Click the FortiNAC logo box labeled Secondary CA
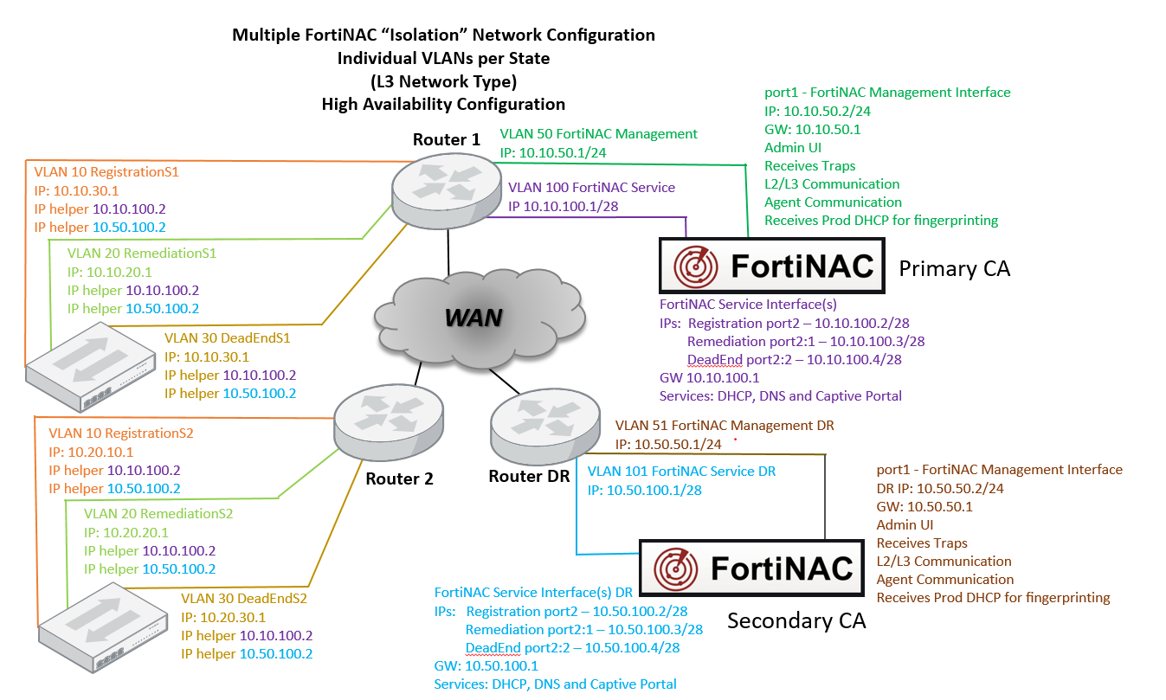751,568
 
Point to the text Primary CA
954,269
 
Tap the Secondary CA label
796,621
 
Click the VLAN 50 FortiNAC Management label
598,134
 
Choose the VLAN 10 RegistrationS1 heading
106,172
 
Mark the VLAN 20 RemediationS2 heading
158,513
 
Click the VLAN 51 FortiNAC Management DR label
724,426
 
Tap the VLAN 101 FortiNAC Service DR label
681,472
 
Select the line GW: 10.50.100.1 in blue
486,665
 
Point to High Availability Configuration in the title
443,104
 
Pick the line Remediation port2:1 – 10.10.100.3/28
805,341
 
